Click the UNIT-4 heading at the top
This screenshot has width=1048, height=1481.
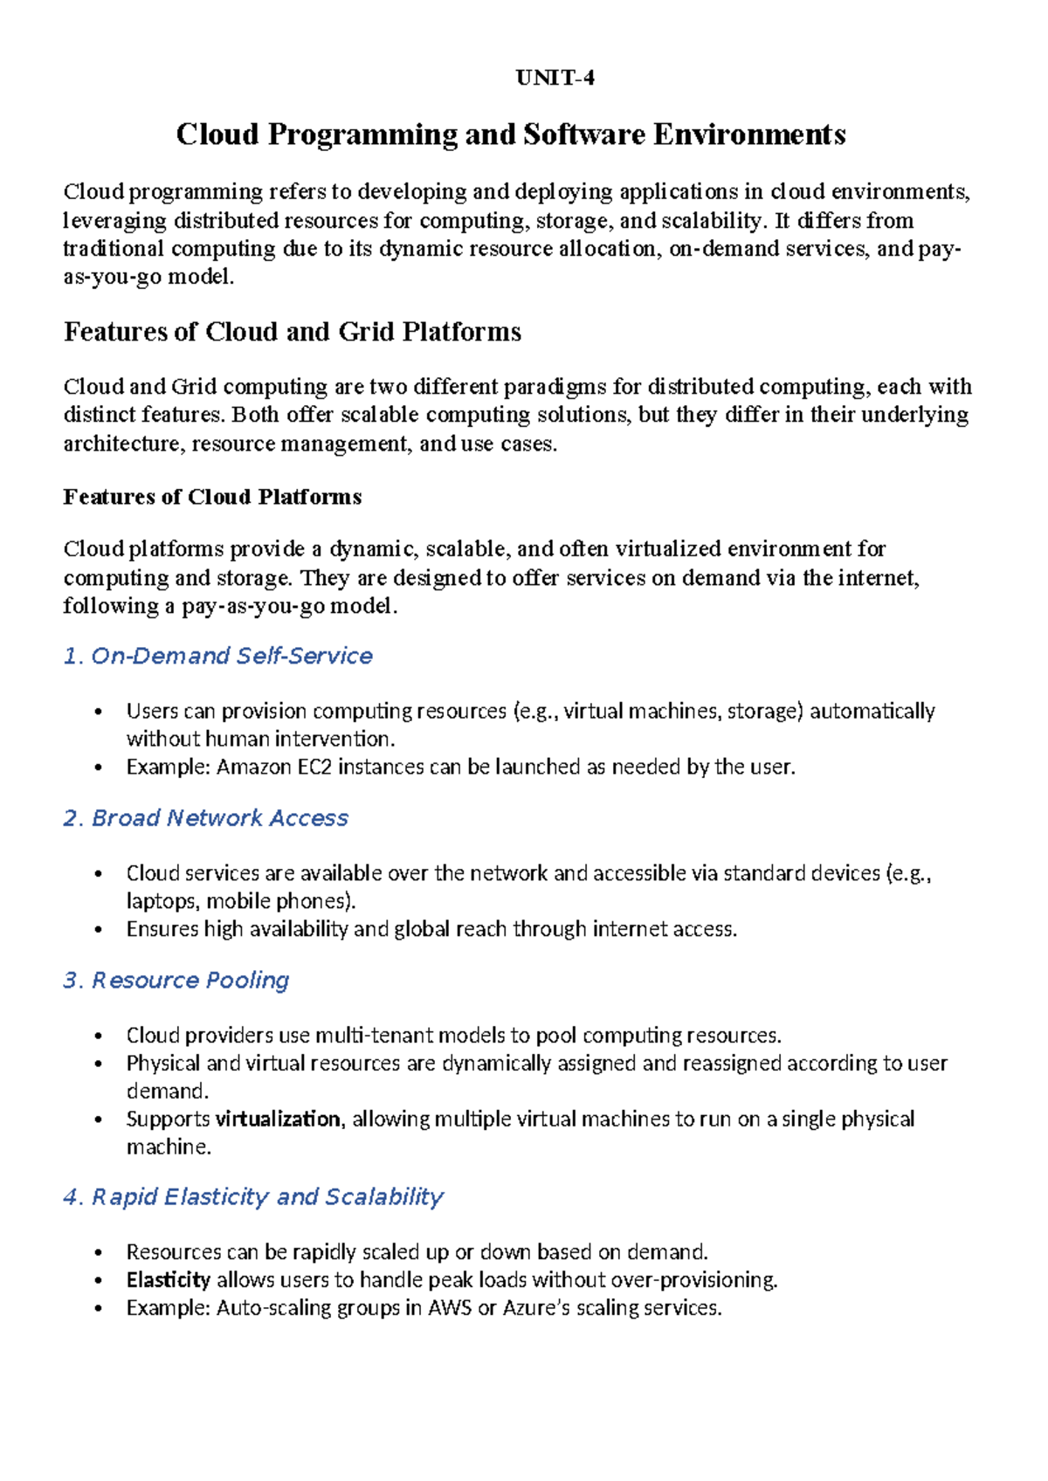click(x=555, y=79)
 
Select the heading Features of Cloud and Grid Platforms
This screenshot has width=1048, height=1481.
click(x=292, y=332)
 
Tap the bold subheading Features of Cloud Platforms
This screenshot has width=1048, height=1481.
click(x=212, y=497)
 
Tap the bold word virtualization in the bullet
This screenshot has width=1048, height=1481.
click(x=278, y=1119)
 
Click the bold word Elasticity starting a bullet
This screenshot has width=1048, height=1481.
click(x=168, y=1281)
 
